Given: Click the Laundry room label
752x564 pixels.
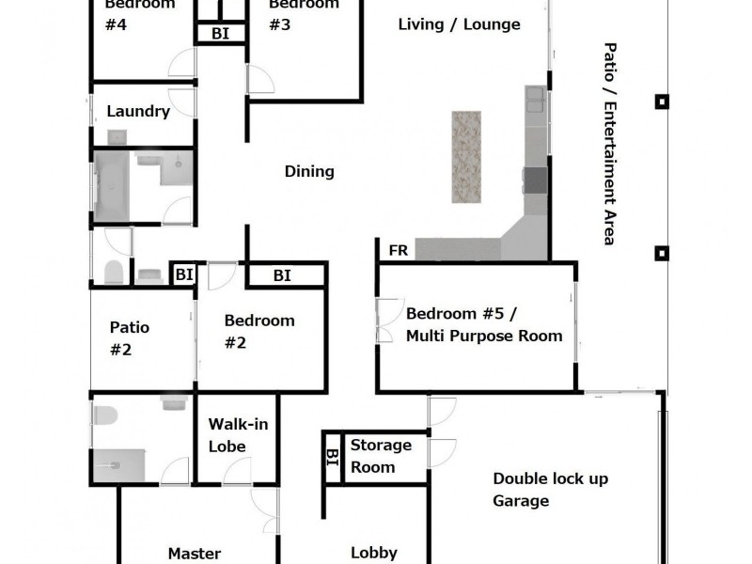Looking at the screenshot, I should pos(138,112).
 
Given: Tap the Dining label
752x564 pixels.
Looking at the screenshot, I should pos(309,171).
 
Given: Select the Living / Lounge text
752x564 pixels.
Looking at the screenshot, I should pos(459,24).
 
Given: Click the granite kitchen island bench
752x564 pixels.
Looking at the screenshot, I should pos(466,157).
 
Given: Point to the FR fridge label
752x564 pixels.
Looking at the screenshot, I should pos(398,251).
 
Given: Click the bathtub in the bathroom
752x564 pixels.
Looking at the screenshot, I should pos(114,185).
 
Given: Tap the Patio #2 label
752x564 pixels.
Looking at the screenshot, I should pos(129,338).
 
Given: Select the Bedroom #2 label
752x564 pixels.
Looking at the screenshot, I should pos(258,331).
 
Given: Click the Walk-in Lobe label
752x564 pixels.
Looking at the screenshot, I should pos(238,435).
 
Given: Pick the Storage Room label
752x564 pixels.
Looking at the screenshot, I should pos(381,456).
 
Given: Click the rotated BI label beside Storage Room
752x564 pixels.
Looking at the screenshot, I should pos(332,458).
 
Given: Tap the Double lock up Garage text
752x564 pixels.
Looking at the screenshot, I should pos(550,489).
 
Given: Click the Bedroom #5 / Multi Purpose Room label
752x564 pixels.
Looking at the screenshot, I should pos(483,324).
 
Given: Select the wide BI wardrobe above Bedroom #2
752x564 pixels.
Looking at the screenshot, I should pos(283,275).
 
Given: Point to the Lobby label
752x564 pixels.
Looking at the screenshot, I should pos(374,553).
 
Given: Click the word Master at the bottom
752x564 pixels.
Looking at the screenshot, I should pos(194,554).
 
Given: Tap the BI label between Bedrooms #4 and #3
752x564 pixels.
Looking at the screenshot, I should pos(220,33).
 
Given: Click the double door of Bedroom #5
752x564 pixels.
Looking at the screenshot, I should pos(386,321).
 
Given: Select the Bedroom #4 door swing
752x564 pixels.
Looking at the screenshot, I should pos(182,63).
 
